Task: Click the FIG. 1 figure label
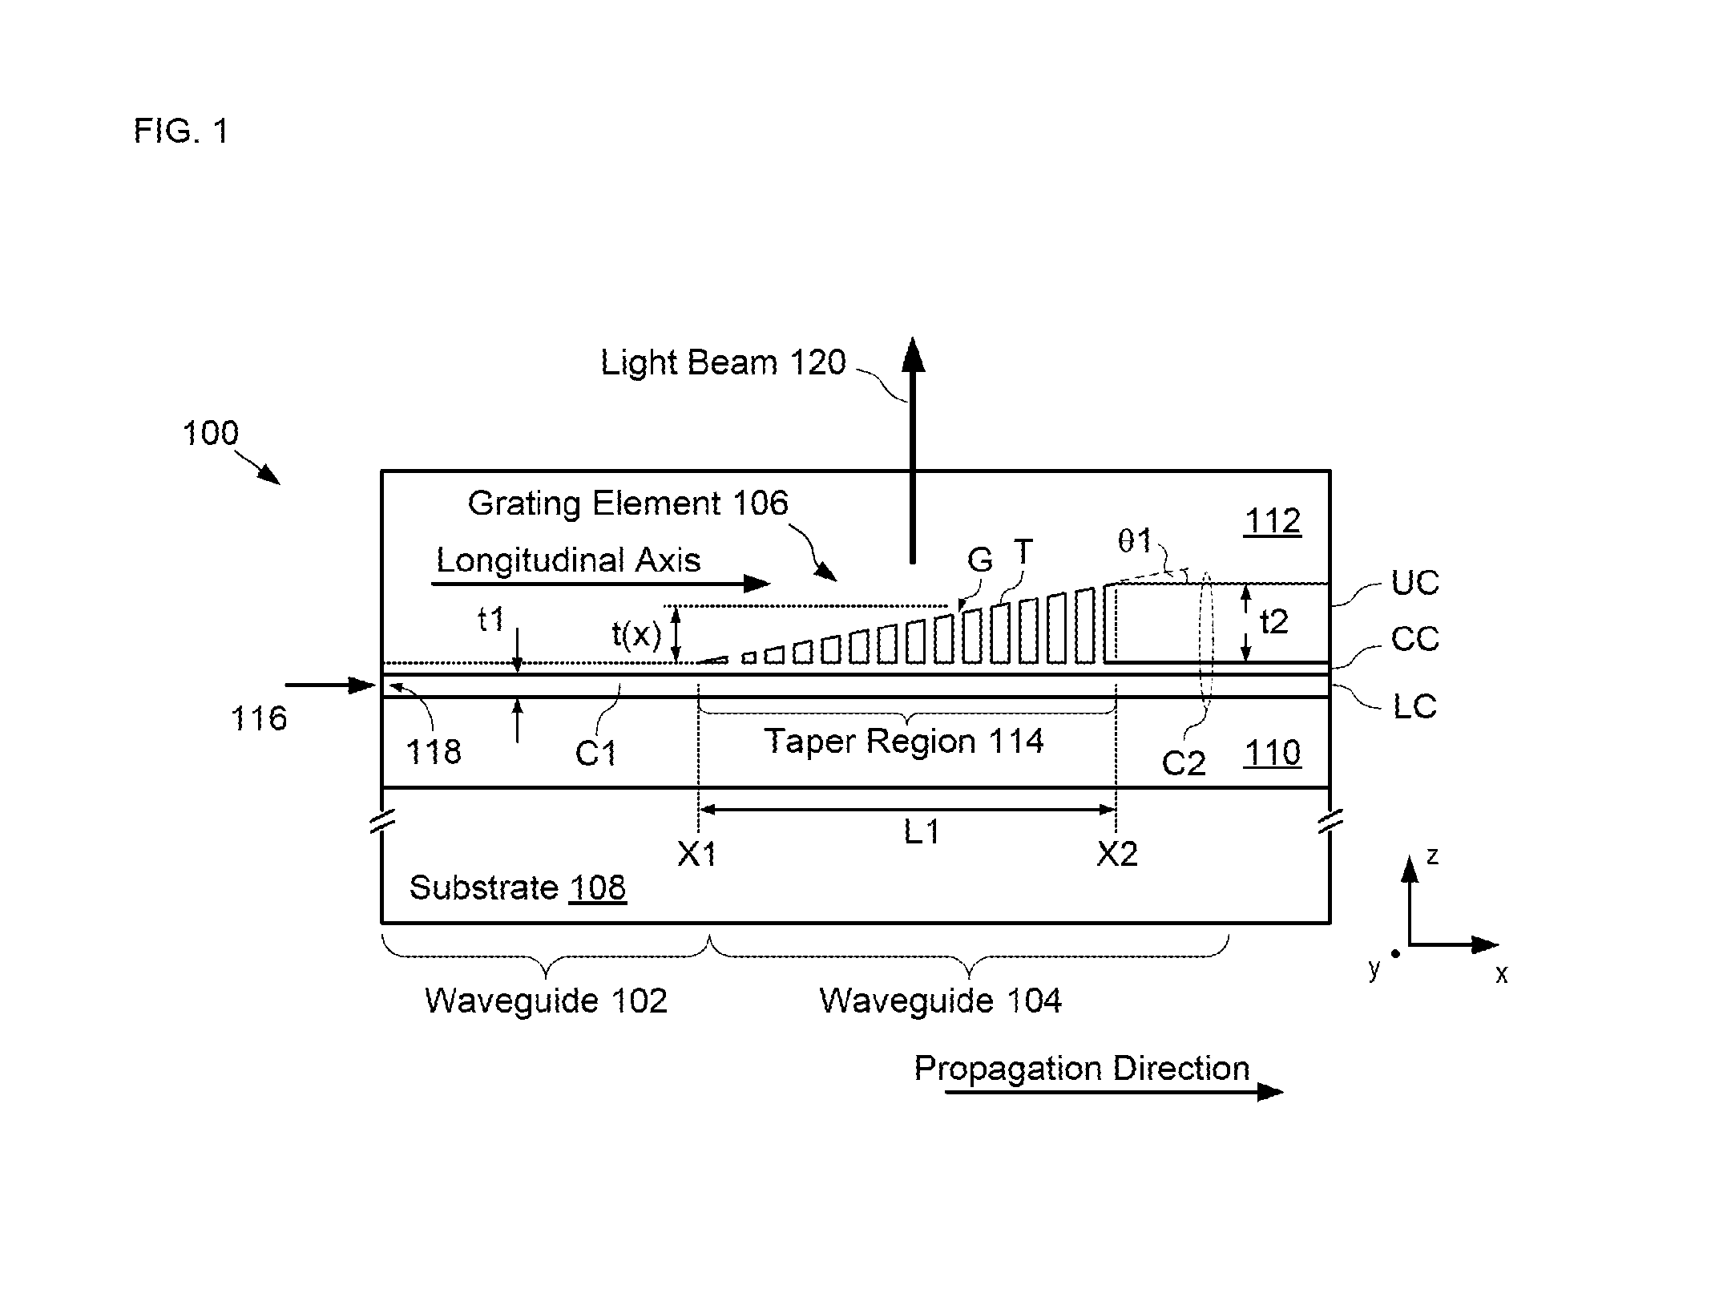(181, 131)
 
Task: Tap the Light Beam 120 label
(723, 362)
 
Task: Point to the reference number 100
(211, 433)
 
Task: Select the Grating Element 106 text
(628, 503)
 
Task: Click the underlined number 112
(1273, 522)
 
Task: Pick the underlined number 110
(1273, 754)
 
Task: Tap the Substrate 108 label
(518, 887)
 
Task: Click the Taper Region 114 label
(904, 741)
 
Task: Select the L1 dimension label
(922, 832)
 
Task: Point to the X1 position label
(697, 855)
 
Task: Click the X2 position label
(1117, 855)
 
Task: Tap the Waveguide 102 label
(546, 1001)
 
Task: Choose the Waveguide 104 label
(940, 1001)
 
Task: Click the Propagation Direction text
(1082, 1069)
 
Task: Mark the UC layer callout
(1415, 583)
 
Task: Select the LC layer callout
(1415, 706)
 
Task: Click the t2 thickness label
(1274, 621)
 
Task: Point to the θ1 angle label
(1135, 541)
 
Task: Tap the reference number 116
(259, 718)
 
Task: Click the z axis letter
(1433, 856)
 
